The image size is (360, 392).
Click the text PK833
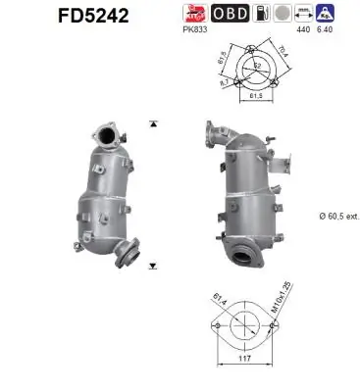195,30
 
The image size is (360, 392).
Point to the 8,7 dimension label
226,84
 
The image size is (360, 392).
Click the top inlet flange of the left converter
106,132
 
